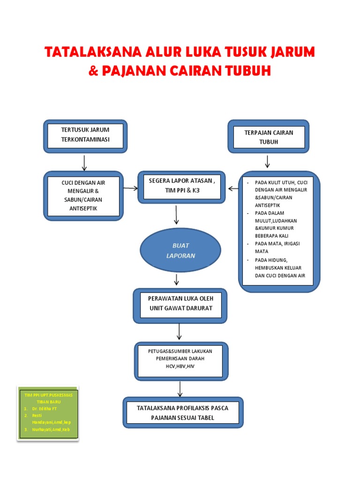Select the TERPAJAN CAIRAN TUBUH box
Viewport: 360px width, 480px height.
[269, 136]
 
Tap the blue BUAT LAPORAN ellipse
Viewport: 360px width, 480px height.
[180, 250]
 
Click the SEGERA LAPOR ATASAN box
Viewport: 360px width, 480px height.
[181, 186]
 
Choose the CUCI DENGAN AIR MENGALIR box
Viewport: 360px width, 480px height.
[83, 195]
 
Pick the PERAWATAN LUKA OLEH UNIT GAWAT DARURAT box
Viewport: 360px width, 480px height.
[180, 305]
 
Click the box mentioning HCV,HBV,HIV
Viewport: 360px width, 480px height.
[180, 360]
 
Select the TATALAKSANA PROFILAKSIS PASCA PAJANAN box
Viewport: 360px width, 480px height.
[182, 412]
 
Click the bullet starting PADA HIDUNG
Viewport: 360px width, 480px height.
[279, 268]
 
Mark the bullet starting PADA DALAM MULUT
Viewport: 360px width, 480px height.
[277, 224]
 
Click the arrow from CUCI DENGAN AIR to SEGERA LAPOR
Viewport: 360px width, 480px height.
[131, 188]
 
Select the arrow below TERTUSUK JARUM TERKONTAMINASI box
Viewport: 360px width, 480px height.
[84, 162]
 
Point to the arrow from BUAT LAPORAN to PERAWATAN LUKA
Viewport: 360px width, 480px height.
[177, 280]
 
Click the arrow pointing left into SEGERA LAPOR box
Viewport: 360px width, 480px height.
[233, 188]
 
